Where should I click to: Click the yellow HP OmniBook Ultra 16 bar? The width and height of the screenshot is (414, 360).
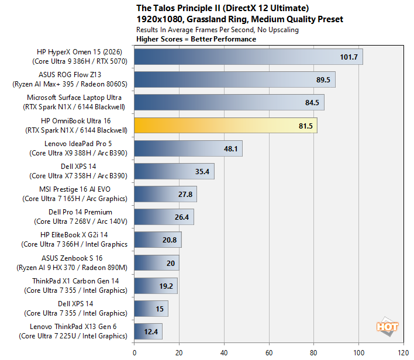click(x=226, y=126)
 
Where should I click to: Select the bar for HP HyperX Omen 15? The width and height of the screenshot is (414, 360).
click(x=249, y=57)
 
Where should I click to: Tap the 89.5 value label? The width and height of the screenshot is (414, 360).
click(x=323, y=79)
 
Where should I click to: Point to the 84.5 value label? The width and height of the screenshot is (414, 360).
click(x=312, y=102)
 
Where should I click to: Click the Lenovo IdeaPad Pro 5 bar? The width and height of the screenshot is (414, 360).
click(x=188, y=148)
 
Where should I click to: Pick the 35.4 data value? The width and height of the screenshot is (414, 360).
click(x=202, y=172)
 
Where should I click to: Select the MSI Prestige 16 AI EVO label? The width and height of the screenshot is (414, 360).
click(x=75, y=189)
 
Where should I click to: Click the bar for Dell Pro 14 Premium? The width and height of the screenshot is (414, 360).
click(x=164, y=217)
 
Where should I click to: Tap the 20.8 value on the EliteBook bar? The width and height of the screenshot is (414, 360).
click(x=170, y=240)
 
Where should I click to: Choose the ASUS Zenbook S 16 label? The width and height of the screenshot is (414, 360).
click(x=72, y=258)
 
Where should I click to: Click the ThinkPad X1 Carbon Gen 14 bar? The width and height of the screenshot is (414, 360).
click(x=156, y=286)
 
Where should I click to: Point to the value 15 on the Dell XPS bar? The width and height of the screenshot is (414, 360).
click(x=160, y=309)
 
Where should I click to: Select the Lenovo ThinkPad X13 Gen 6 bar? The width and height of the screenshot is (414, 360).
click(x=148, y=331)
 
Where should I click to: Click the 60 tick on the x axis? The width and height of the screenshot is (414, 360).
click(x=269, y=353)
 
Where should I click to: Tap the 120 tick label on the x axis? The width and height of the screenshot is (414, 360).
click(x=403, y=353)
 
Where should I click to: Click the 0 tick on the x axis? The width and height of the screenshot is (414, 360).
click(x=134, y=353)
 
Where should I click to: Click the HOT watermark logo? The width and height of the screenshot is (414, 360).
click(x=387, y=327)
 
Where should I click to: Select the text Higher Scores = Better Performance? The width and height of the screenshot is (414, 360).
click(x=196, y=39)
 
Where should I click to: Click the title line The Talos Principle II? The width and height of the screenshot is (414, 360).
click(x=223, y=8)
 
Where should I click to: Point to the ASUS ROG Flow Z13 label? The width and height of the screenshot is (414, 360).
click(x=70, y=75)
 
